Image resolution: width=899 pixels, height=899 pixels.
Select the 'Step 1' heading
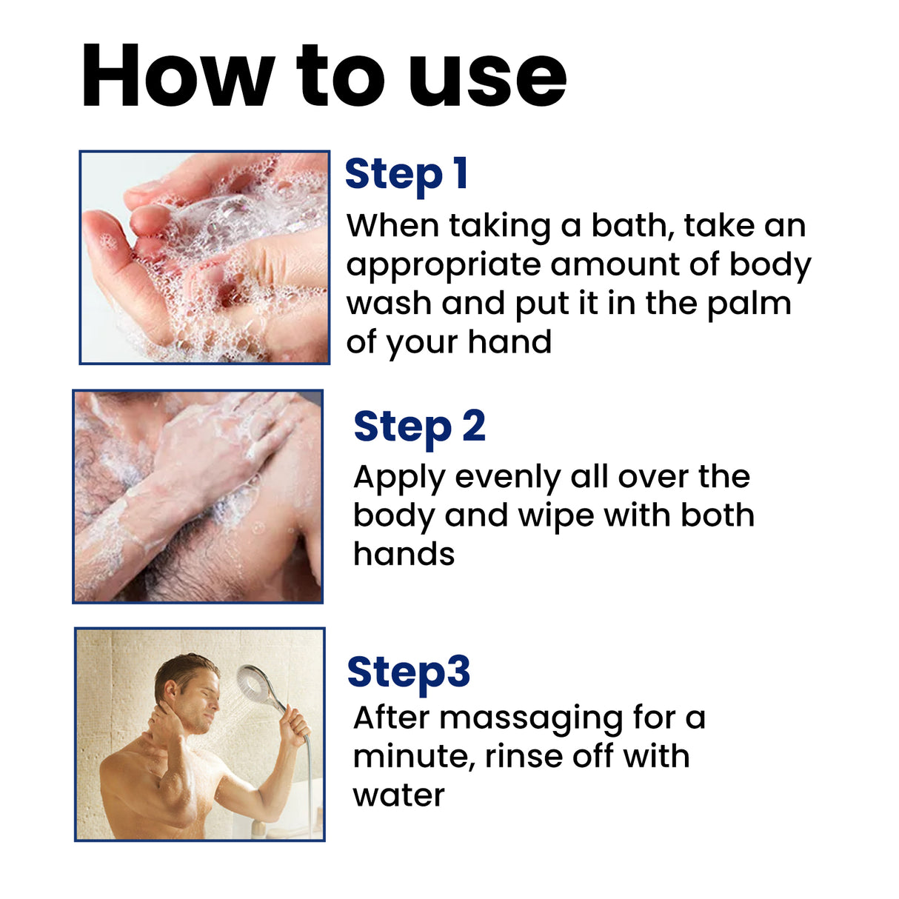coord(406,175)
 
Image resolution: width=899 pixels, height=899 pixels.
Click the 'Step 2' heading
coord(419,427)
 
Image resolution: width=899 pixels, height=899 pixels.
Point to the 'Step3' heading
coord(408,672)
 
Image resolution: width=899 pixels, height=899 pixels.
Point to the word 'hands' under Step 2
coord(404,554)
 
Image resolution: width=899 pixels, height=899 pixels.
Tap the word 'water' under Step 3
coord(398,795)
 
